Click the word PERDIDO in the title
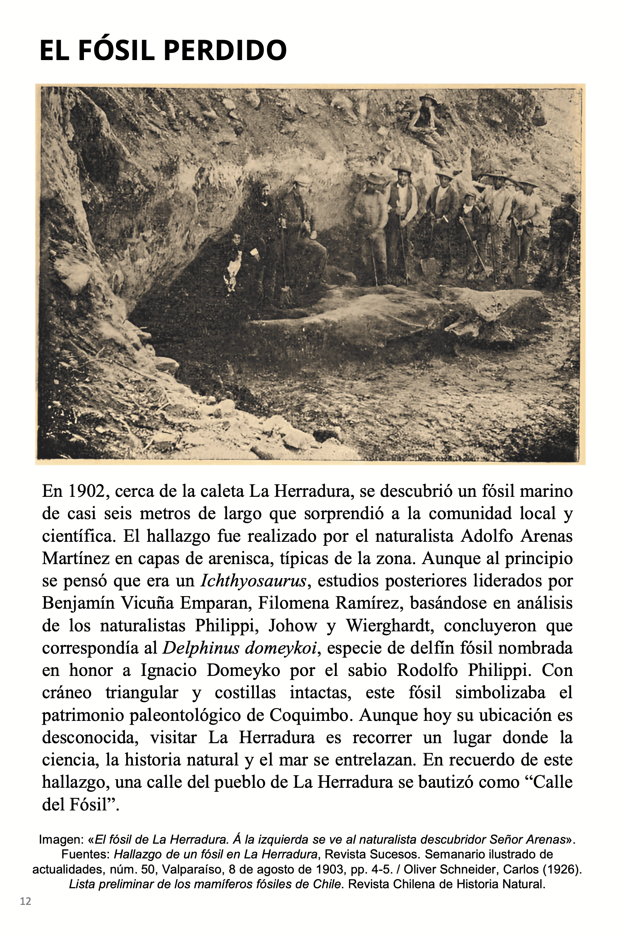point(225,51)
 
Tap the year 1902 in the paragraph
point(88,491)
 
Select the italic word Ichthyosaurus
point(253,581)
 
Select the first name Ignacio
point(169,670)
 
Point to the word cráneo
point(67,693)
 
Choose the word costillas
point(245,693)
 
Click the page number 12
point(25,901)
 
